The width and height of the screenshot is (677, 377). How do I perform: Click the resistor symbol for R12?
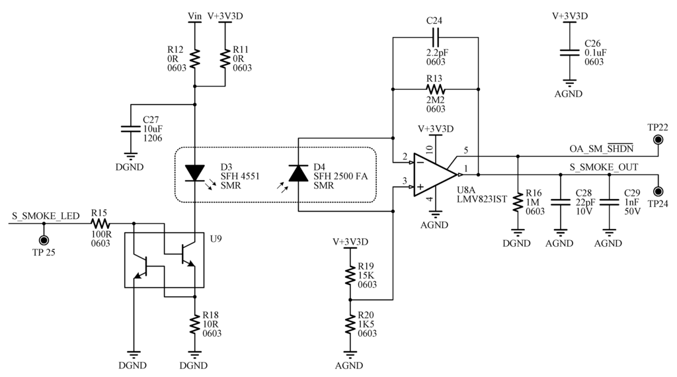194,58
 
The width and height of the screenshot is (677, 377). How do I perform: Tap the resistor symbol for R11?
225,58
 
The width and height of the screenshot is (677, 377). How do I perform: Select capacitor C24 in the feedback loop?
434,38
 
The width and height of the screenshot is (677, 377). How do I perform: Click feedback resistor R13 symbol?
434,88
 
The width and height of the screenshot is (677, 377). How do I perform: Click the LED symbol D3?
194,173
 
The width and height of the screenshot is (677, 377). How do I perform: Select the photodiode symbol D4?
298,173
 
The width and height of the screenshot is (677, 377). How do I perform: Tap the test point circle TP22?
658,140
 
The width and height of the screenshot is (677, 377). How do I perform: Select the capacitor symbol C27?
131,129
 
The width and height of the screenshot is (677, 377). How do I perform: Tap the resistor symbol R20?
350,324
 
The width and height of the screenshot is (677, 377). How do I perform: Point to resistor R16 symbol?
517,202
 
